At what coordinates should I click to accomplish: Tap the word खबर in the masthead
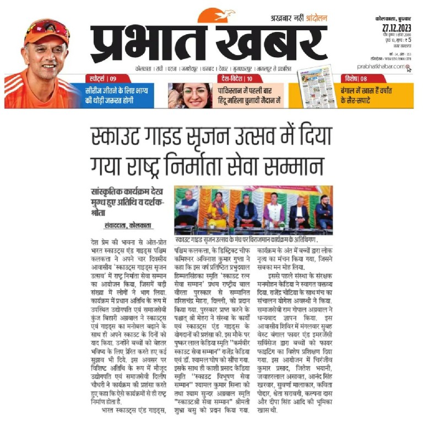[x=270, y=44]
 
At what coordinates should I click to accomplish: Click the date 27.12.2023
[x=394, y=28]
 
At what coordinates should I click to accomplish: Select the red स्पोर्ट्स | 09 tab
[x=102, y=78]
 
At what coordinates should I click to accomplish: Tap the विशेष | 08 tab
[x=358, y=78]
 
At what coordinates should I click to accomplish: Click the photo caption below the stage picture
[x=253, y=241]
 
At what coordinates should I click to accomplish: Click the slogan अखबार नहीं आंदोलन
[x=300, y=18]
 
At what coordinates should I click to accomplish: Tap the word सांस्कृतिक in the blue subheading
[x=106, y=192]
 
